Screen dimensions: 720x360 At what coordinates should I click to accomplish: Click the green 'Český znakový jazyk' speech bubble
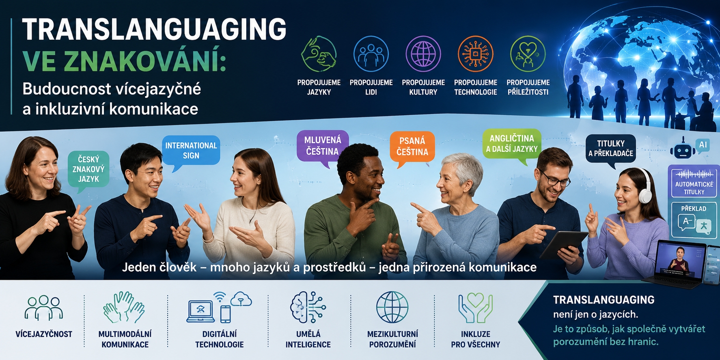88,169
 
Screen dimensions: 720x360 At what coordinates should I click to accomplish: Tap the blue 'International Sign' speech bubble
191,150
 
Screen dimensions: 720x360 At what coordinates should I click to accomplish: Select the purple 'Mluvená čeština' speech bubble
323,146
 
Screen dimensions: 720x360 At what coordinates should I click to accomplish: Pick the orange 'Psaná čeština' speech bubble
412,147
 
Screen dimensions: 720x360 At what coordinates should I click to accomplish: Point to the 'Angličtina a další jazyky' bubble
512,144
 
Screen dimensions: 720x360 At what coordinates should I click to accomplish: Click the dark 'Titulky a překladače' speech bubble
611,149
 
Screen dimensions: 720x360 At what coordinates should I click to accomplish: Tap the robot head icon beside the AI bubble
682,149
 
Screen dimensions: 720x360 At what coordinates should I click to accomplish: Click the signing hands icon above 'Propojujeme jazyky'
319,54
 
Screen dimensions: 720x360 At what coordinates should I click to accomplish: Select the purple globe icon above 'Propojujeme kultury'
423,54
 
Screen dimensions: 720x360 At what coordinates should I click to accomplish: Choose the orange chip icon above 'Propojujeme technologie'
476,54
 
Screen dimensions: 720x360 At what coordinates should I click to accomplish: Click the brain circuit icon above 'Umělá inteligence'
308,307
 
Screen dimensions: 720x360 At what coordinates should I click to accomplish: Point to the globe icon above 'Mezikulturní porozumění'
392,307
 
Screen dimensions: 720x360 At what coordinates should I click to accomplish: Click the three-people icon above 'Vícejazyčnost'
43,308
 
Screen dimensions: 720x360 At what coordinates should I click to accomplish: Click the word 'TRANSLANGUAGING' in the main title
154,29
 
